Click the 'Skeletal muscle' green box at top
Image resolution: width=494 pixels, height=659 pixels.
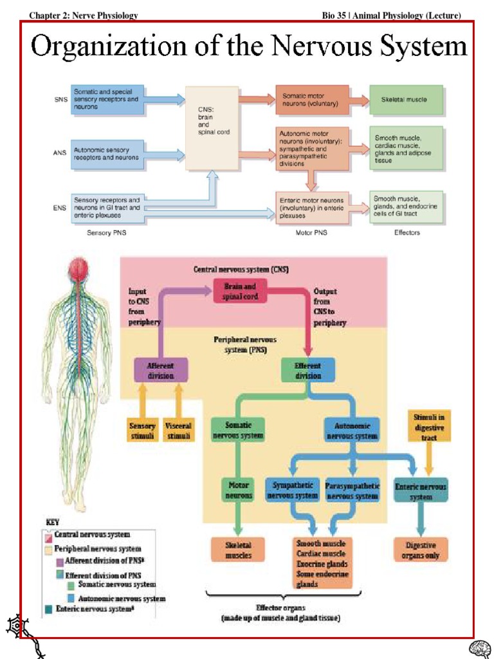coord(406,100)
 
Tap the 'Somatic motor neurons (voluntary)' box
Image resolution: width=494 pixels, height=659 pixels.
coord(312,100)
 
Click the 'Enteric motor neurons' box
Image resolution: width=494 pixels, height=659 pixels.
coord(312,208)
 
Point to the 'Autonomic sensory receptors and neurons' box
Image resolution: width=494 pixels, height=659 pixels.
coord(108,154)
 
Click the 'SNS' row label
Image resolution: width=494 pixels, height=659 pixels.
coord(60,100)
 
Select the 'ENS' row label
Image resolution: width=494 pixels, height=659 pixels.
coord(60,208)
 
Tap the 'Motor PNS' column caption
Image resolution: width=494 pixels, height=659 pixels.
coord(311,233)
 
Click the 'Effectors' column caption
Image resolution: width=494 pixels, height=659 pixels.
coord(407,233)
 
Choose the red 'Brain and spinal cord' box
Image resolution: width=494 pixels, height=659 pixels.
coord(240,291)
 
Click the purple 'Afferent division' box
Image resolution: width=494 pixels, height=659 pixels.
coord(161,371)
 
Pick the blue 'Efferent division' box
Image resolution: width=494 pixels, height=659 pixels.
coord(308,371)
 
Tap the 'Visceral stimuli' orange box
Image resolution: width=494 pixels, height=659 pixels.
coord(178,430)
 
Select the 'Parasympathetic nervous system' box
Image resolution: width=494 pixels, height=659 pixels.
coord(352,490)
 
